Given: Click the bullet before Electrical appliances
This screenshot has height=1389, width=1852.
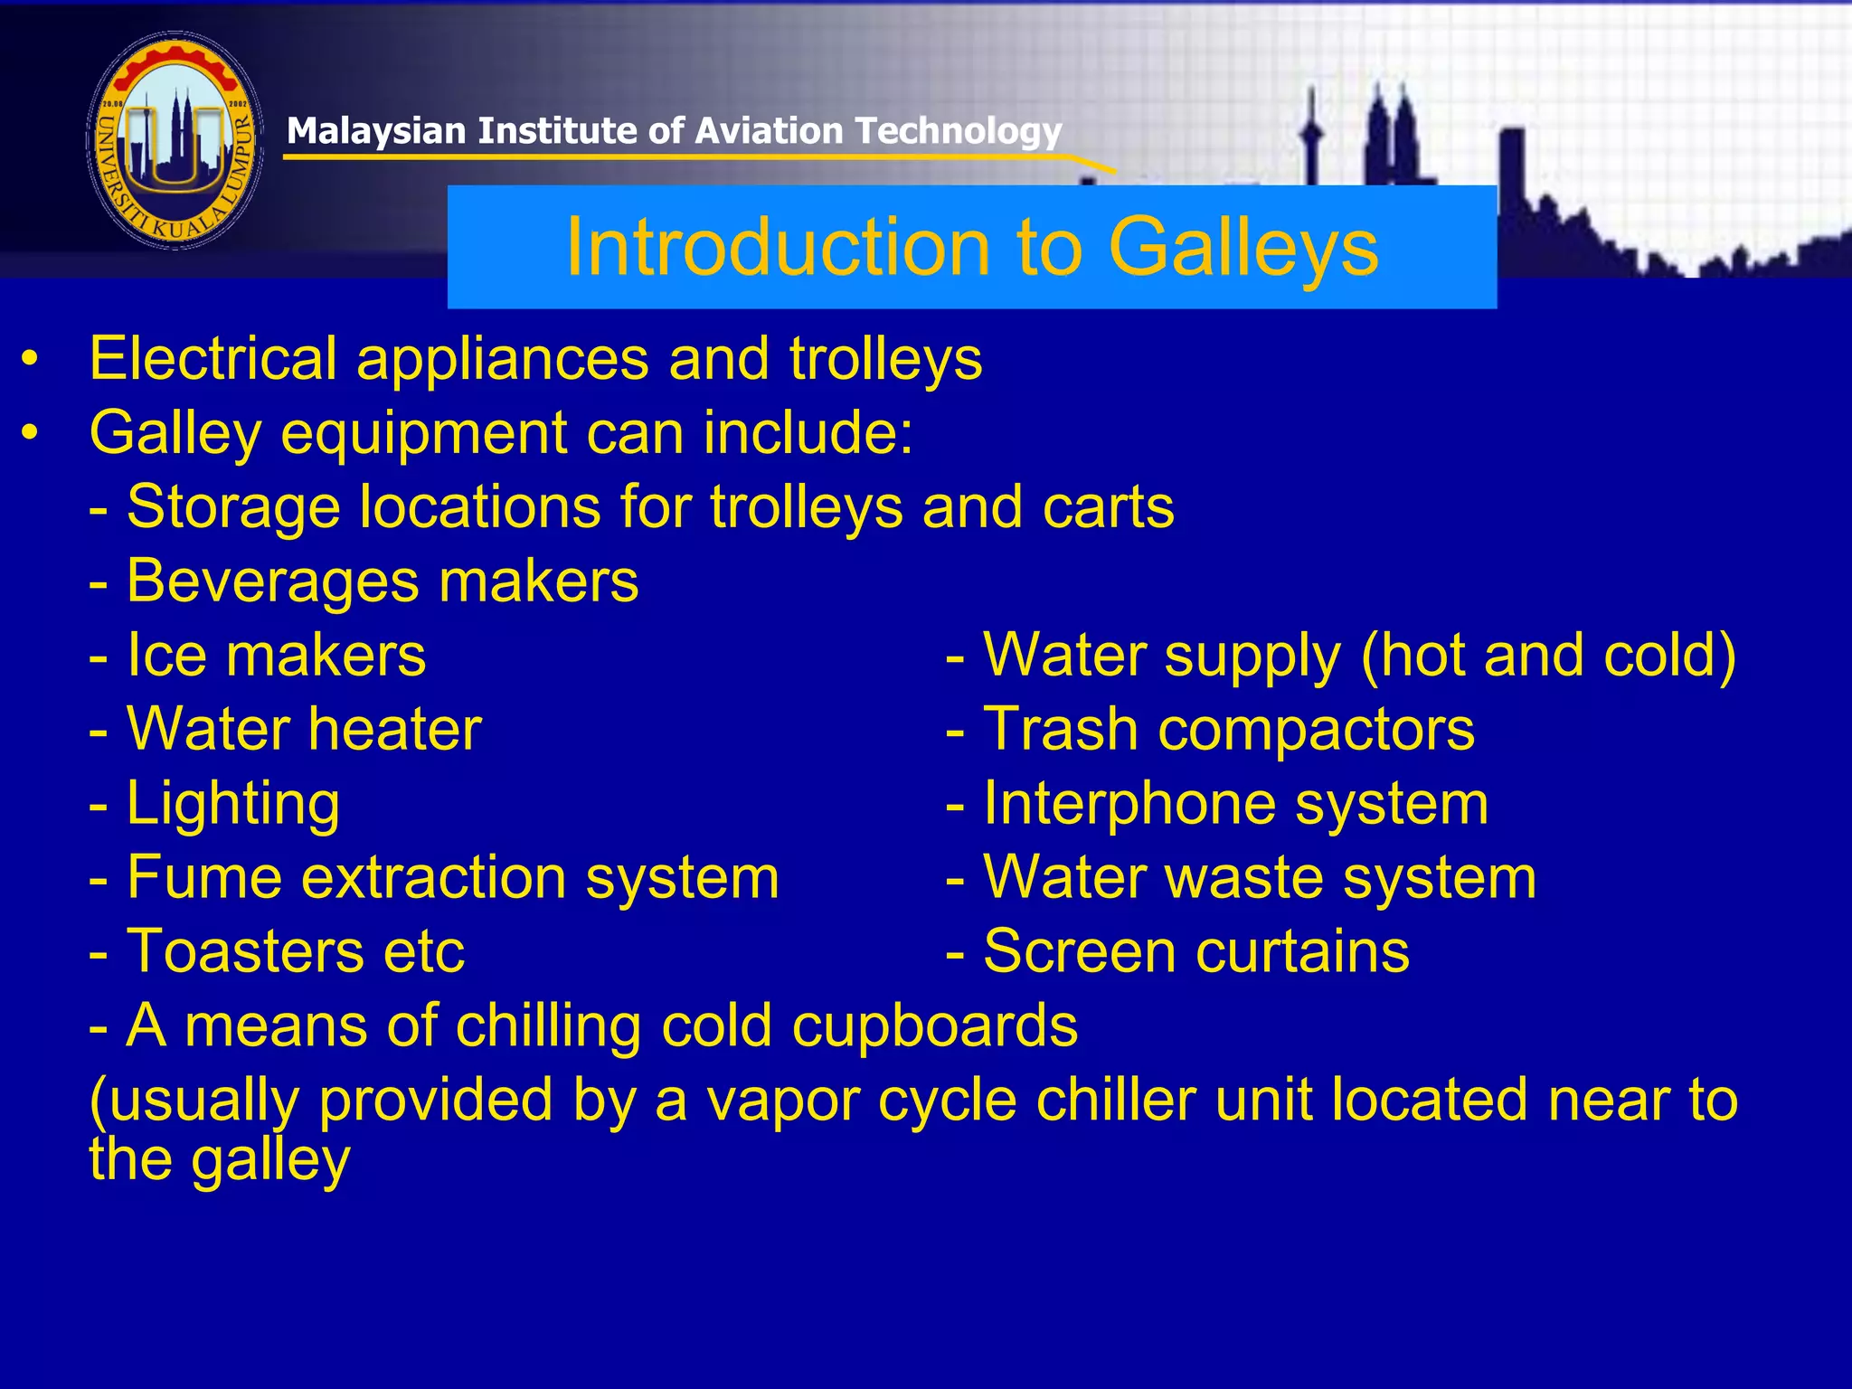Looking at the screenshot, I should tap(31, 359).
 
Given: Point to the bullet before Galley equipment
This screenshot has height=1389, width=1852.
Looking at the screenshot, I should tap(31, 433).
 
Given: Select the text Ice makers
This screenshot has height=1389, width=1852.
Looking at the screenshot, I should tap(276, 656).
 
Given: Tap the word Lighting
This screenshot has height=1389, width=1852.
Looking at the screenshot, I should tap(233, 804).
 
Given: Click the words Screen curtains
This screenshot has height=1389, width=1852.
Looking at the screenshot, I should tap(1195, 951).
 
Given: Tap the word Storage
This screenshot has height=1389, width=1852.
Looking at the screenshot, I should tap(233, 507).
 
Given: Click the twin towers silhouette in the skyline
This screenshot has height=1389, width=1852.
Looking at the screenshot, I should tap(1388, 136).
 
